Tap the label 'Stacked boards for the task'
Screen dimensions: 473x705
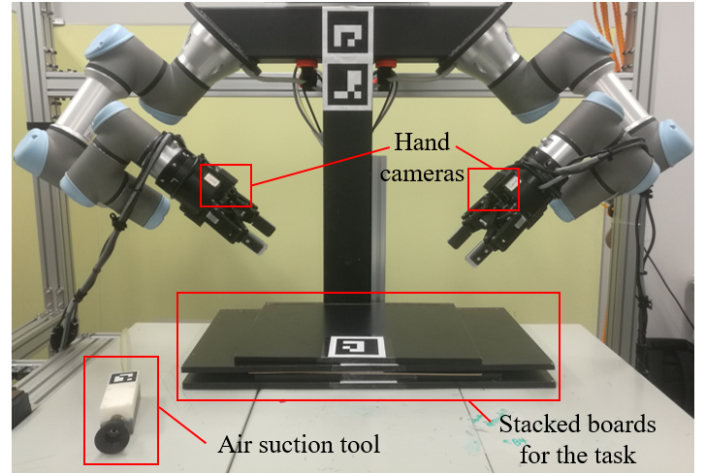(577, 438)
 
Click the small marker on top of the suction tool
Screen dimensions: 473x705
(124, 379)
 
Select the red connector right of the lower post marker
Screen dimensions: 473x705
(386, 67)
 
